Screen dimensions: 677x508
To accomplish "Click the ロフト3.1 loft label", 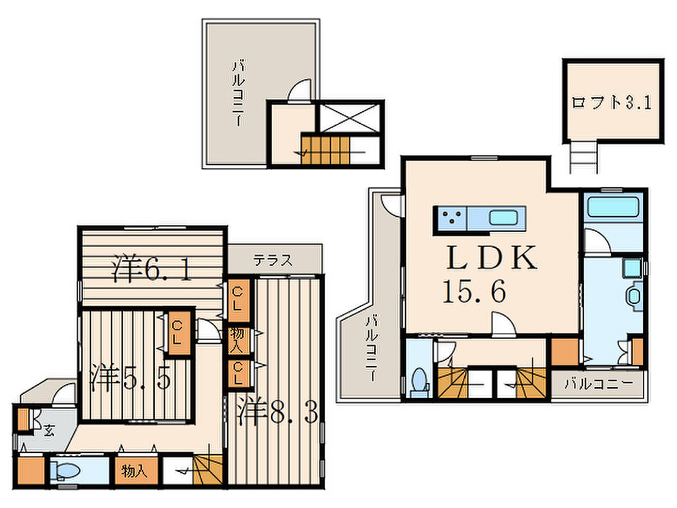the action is (x=612, y=103).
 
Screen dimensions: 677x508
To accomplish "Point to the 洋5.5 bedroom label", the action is (x=130, y=377).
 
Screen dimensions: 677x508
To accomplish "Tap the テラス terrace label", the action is (x=273, y=260).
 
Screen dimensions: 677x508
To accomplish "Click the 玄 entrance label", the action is (x=49, y=431).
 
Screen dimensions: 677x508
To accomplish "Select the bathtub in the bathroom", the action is (x=613, y=207).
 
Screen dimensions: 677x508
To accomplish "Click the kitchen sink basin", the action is (x=503, y=218).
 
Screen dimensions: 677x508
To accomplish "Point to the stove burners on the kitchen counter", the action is (x=451, y=216).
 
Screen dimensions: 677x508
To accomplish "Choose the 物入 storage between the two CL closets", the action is (x=237, y=341).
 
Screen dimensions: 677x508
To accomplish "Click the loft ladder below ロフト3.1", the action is (x=584, y=157).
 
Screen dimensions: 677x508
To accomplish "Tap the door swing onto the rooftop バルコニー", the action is (x=299, y=90).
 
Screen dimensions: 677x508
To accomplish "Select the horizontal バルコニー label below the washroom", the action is (x=598, y=384).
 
